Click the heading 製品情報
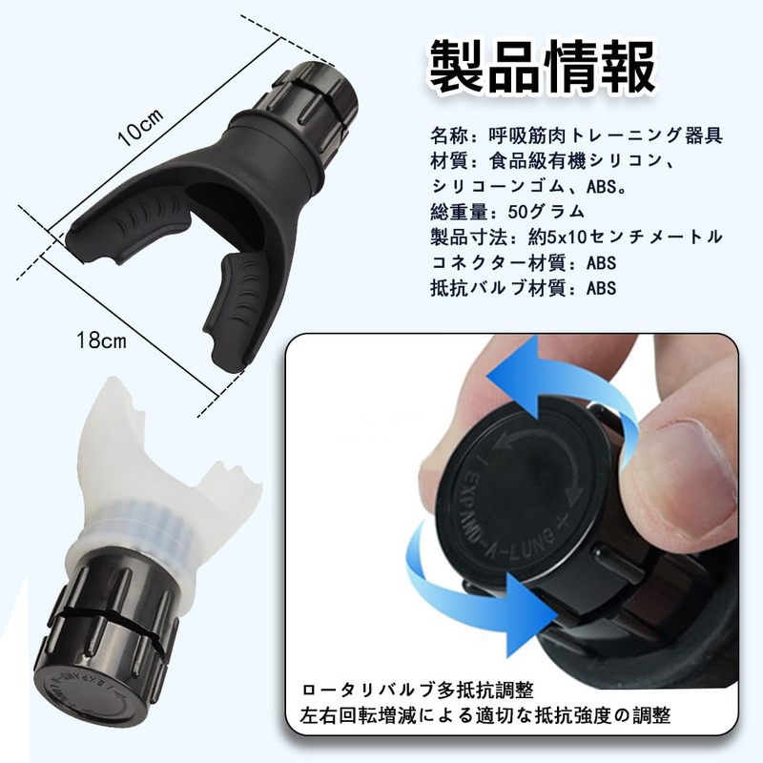542,68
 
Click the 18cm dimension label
101,340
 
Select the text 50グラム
546,212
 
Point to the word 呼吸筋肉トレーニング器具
607,135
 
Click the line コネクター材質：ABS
524,263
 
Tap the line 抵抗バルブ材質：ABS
524,288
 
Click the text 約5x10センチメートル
626,237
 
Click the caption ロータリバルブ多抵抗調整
418,690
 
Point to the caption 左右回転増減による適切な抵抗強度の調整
485,716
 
